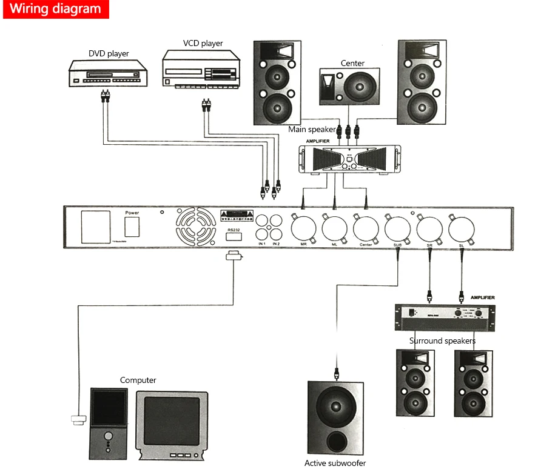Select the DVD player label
click(x=109, y=53)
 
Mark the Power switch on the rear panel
click(x=132, y=227)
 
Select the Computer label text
click(x=138, y=381)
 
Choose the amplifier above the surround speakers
click(x=445, y=316)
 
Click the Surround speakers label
click(x=442, y=341)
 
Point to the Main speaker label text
click(x=312, y=129)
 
